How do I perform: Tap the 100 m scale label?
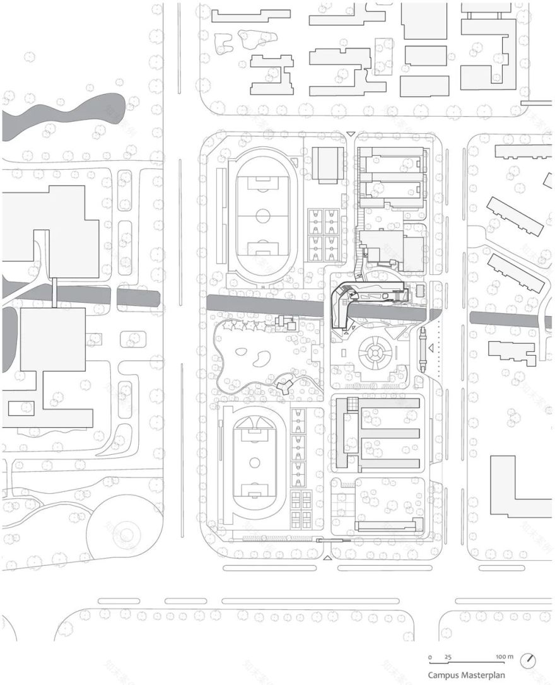pyautogui.click(x=505, y=657)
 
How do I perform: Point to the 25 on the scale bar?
pyautogui.click(x=448, y=657)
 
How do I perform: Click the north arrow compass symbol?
pyautogui.click(x=529, y=660)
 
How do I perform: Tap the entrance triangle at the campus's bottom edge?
pyautogui.click(x=327, y=559)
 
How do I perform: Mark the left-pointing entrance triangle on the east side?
pyautogui.click(x=431, y=348)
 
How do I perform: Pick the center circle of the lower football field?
pyautogui.click(x=255, y=462)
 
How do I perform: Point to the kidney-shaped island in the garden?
pyautogui.click(x=262, y=360)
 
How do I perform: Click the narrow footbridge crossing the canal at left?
pyautogui.click(x=56, y=292)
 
